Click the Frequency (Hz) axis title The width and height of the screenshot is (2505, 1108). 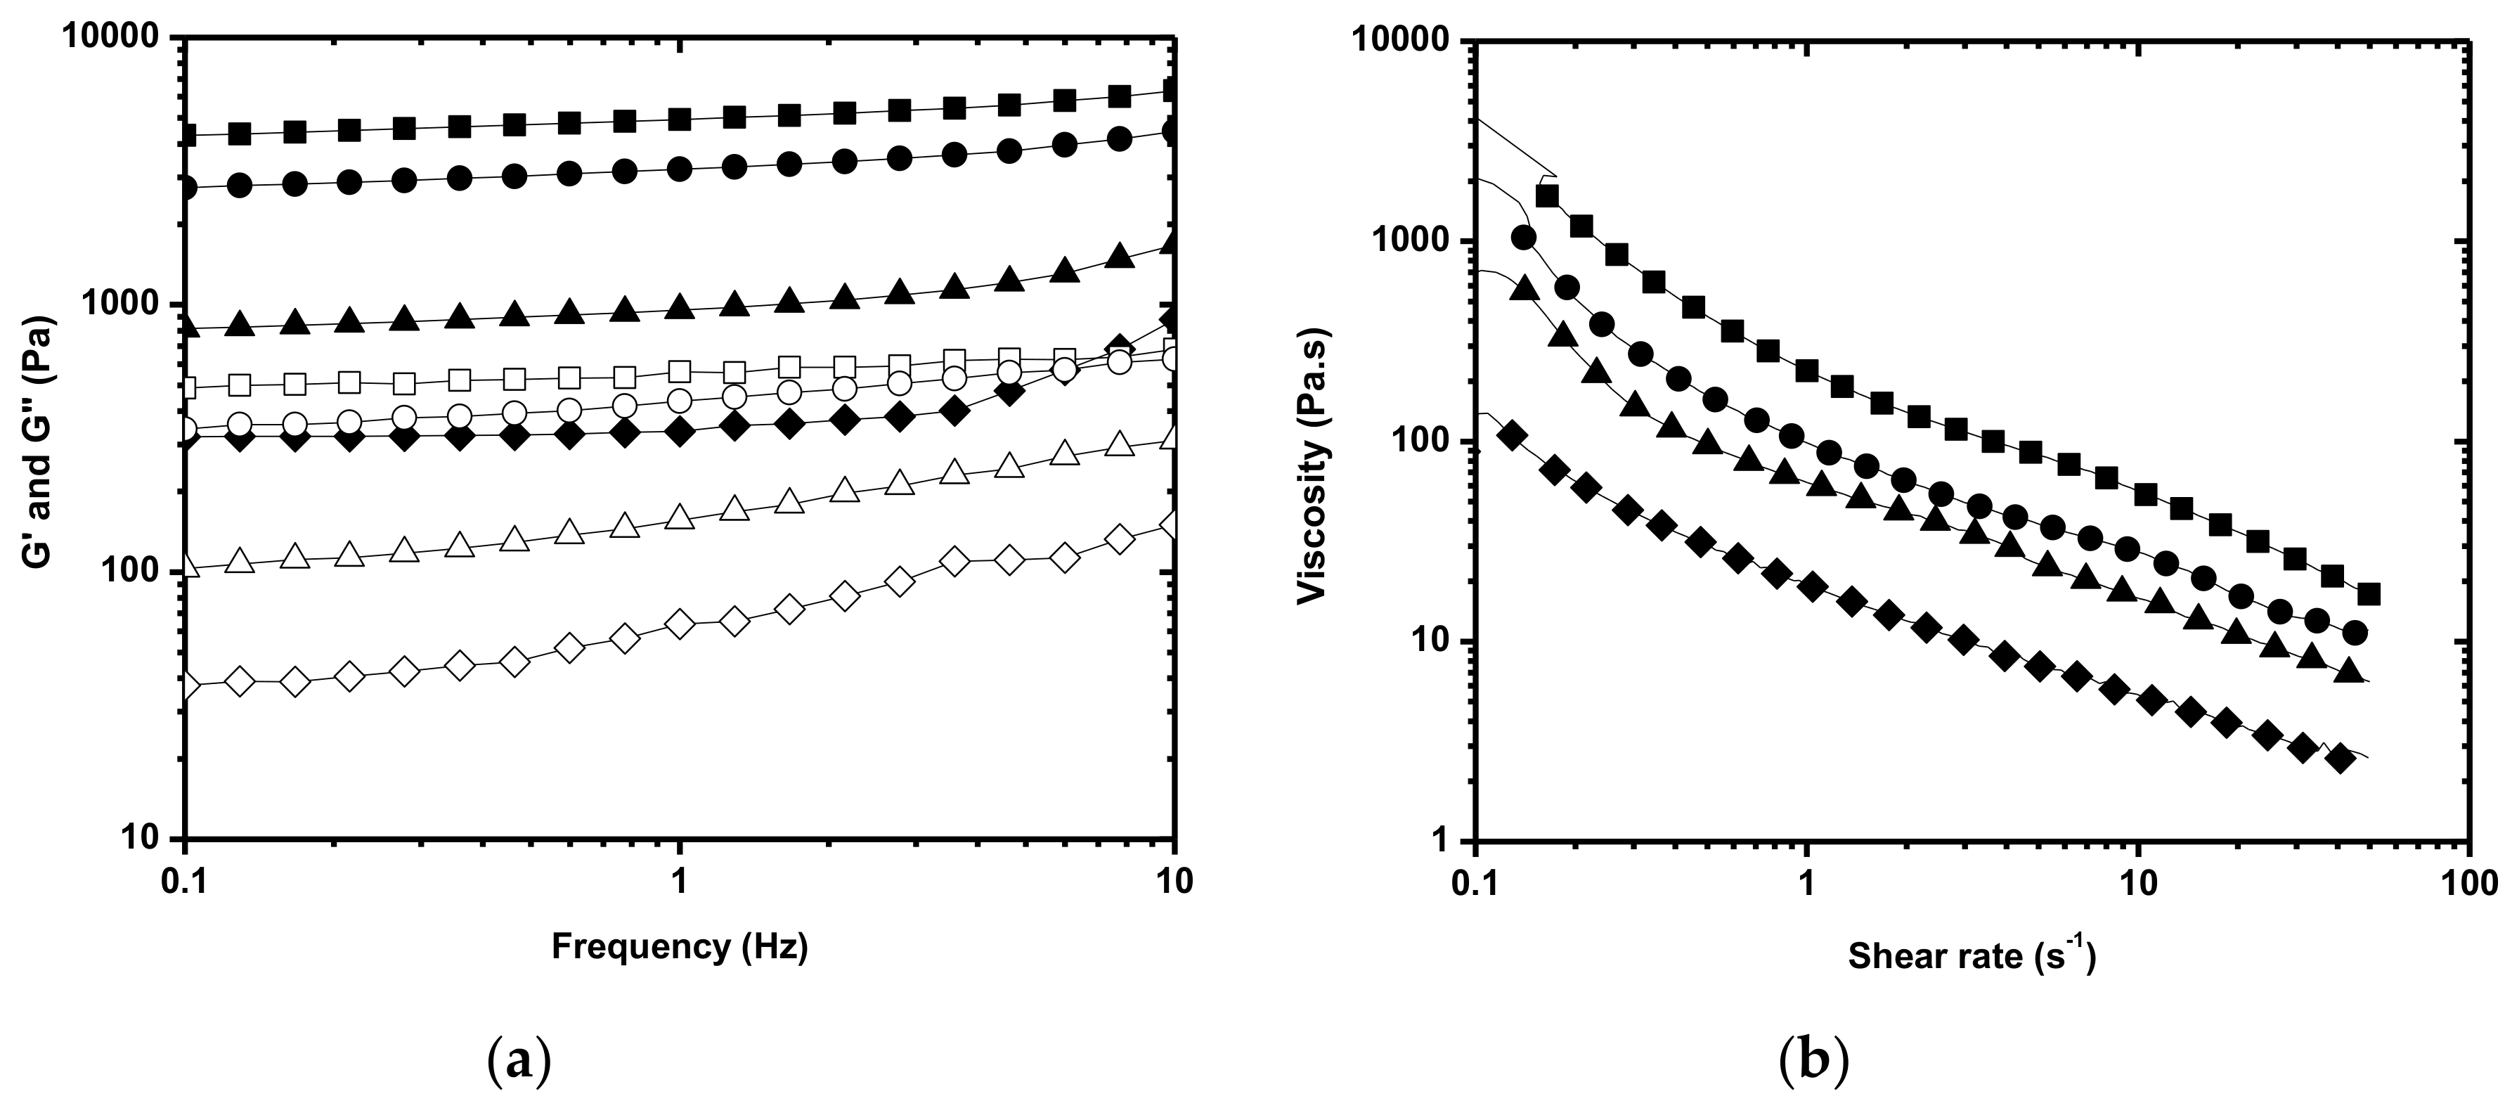[x=680, y=946]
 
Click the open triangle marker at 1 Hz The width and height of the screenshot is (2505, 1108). [x=680, y=517]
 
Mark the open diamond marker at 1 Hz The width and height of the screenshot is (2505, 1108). [x=680, y=624]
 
